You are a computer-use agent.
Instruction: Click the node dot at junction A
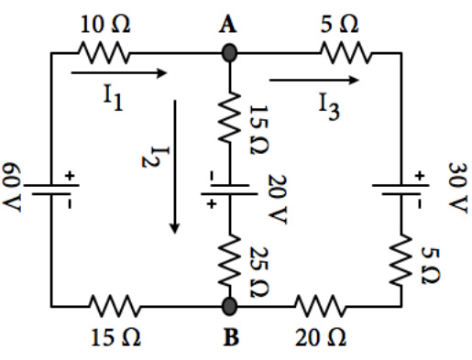230,54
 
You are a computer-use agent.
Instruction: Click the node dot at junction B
230,305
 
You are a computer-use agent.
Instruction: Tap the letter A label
230,26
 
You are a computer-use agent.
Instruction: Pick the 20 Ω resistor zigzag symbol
324,305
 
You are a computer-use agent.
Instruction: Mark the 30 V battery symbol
401,187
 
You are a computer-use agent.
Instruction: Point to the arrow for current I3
320,82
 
